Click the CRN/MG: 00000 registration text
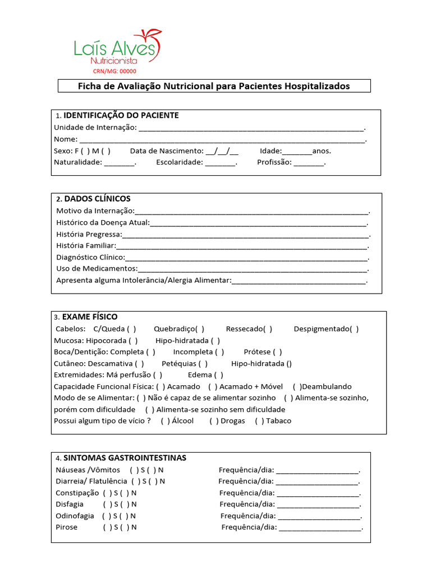pyautogui.click(x=114, y=71)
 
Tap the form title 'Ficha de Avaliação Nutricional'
pyautogui.click(x=213, y=86)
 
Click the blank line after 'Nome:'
pyautogui.click(x=222, y=139)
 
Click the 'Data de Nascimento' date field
pyautogui.click(x=222, y=150)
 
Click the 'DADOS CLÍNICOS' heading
pyautogui.click(x=97, y=199)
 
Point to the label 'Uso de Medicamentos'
pyautogui.click(x=97, y=268)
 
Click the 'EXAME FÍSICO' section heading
pyautogui.click(x=90, y=317)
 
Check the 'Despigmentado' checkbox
pyautogui.click(x=354, y=329)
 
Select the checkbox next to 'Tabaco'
pyautogui.click(x=259, y=421)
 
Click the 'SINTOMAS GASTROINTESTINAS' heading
pyautogui.click(x=125, y=458)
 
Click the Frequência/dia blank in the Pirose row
pyautogui.click(x=320, y=527)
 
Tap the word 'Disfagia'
pyautogui.click(x=70, y=504)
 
